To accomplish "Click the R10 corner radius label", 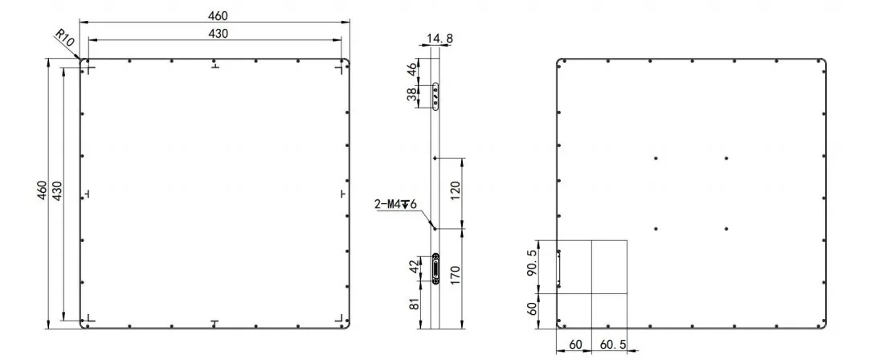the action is (65, 40).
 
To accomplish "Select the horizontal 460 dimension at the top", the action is (218, 15).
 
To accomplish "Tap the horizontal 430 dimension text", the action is (218, 33).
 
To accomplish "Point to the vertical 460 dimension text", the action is (42, 192).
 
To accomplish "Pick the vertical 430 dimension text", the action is (56, 192).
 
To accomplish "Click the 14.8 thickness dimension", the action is (440, 39).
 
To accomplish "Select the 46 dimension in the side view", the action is (411, 70).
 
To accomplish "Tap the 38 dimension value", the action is (411, 95).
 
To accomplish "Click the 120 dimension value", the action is (456, 192).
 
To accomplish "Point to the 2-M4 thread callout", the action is (395, 203).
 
